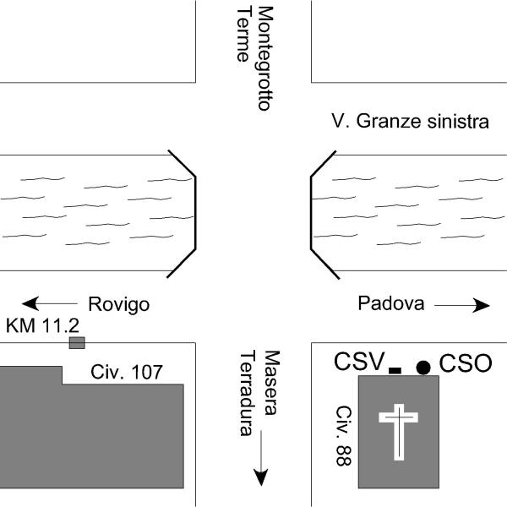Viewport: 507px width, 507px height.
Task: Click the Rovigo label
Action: [x=118, y=304]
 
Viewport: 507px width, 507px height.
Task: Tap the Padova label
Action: [x=391, y=303]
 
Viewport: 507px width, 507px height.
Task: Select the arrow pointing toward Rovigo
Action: [x=50, y=303]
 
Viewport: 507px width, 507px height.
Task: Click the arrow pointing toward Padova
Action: [x=462, y=305]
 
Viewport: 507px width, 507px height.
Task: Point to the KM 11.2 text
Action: [x=42, y=325]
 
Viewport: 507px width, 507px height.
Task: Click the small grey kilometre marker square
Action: [x=77, y=343]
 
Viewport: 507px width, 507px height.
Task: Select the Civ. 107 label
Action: [x=127, y=372]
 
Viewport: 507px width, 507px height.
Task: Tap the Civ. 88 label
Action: [x=344, y=436]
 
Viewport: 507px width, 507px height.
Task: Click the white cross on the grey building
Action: [x=399, y=432]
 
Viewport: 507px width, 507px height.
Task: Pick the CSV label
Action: [x=359, y=361]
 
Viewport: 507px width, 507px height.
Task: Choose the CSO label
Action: [x=466, y=363]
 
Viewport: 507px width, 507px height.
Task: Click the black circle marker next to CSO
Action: [x=423, y=368]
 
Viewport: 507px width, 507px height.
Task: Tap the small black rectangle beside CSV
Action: [x=395, y=371]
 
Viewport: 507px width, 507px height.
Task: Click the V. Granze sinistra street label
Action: [x=410, y=121]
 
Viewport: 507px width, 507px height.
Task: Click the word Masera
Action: [x=272, y=383]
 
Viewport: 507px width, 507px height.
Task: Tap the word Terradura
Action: [x=248, y=393]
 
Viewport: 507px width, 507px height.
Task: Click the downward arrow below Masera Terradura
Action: [x=260, y=458]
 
